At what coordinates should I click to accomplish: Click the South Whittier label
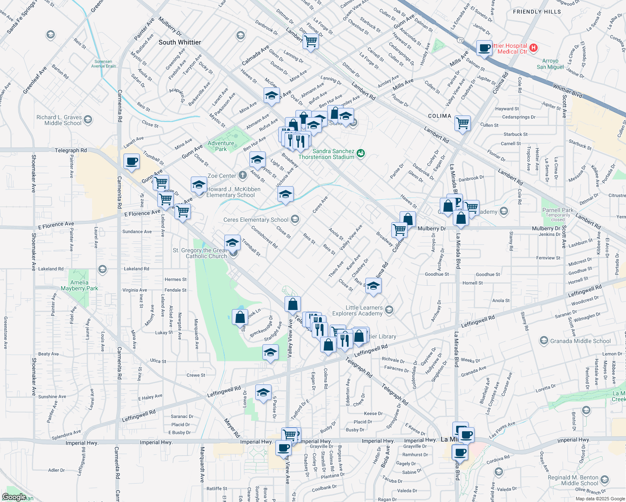pyautogui.click(x=180, y=42)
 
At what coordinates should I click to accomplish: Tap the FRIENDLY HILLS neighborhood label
pyautogui.click(x=537, y=12)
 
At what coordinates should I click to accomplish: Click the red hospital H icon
pyautogui.click(x=534, y=48)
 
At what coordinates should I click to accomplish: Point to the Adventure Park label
pyautogui.click(x=221, y=146)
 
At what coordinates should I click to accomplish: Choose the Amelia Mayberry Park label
pyautogui.click(x=79, y=285)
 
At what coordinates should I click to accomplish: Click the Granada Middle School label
pyautogui.click(x=580, y=341)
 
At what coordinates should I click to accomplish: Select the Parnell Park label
pyautogui.click(x=558, y=210)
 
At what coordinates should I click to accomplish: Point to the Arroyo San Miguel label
pyautogui.click(x=550, y=64)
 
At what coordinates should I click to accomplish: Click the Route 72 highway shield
pyautogui.click(x=460, y=40)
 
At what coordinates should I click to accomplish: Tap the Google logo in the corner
pyautogui.click(x=14, y=497)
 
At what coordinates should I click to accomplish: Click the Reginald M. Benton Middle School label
pyautogui.click(x=573, y=480)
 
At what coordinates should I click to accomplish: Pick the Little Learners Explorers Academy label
pyautogui.click(x=358, y=310)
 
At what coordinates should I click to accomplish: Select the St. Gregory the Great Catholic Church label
pyautogui.click(x=200, y=253)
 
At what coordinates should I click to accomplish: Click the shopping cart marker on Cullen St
pyautogui.click(x=462, y=123)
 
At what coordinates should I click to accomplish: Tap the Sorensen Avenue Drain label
pyautogui.click(x=103, y=64)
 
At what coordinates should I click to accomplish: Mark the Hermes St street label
pyautogui.click(x=176, y=279)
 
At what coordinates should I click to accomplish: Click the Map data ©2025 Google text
pyautogui.click(x=600, y=499)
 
